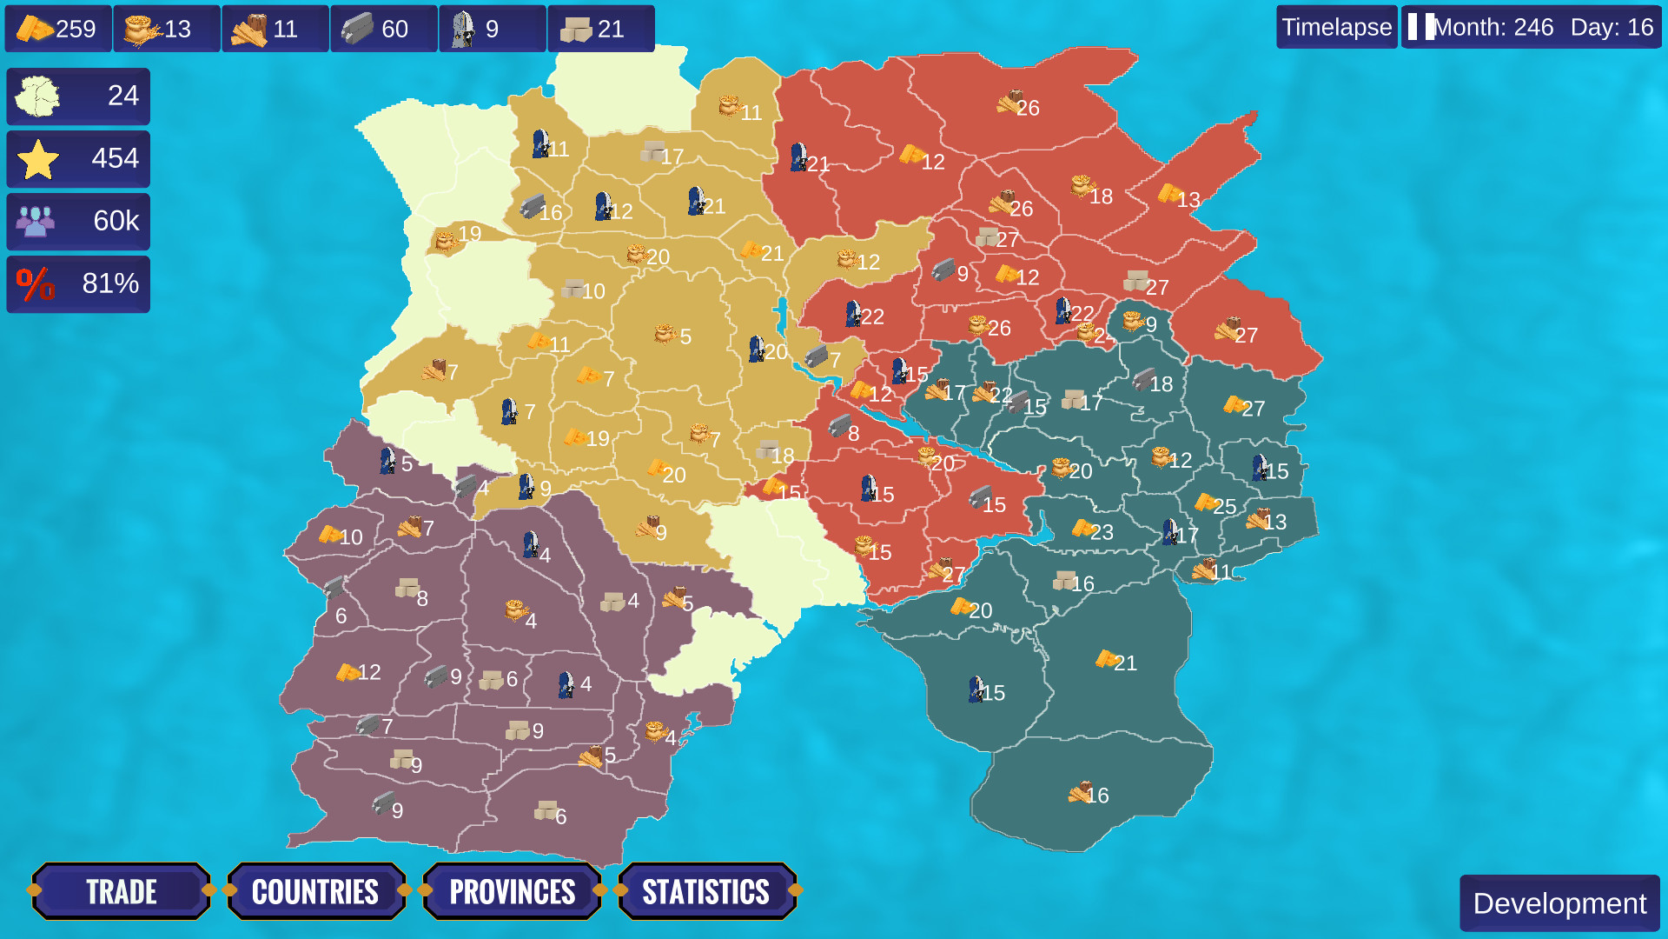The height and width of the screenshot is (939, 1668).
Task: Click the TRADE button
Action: (121, 891)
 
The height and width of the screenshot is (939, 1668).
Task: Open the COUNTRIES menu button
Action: (315, 891)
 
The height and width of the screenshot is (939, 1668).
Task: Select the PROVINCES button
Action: (512, 891)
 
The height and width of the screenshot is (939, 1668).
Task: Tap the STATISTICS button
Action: (705, 891)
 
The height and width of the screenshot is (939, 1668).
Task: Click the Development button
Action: (1559, 903)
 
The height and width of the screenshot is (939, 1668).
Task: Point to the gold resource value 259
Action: (76, 29)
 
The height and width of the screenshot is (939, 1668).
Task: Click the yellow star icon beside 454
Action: (38, 159)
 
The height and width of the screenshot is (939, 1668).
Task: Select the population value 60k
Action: (116, 221)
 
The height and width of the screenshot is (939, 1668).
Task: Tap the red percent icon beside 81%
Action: (36, 284)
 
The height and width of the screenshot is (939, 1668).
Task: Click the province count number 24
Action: (122, 96)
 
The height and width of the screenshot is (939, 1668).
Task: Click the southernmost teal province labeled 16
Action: (1089, 795)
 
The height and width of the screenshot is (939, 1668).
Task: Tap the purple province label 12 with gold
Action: (360, 672)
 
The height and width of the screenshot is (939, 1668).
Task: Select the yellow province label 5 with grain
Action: (674, 336)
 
